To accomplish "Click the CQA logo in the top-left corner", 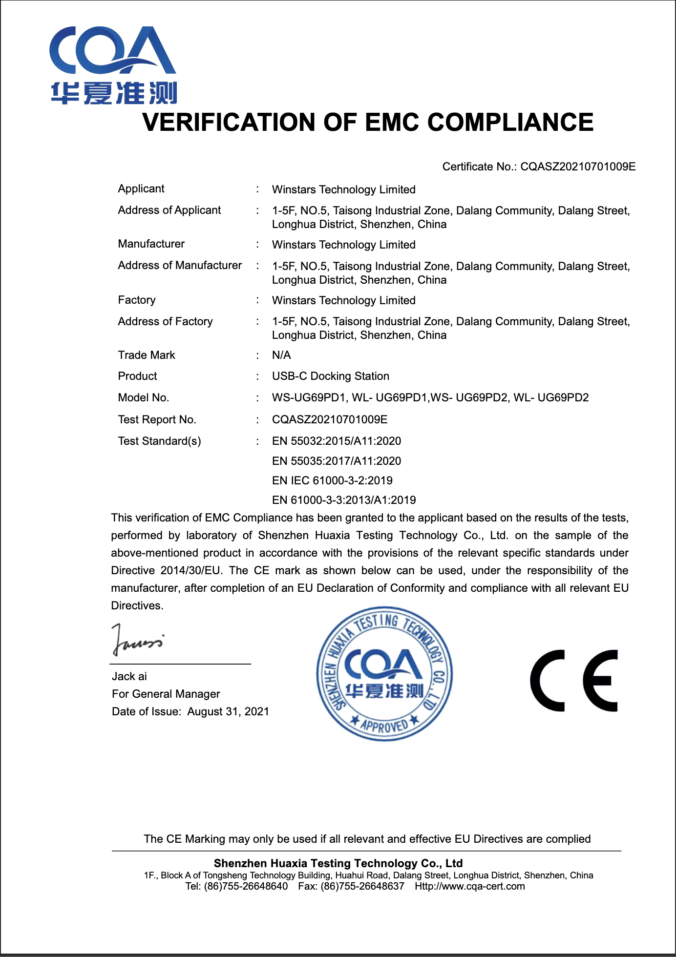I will pos(113,65).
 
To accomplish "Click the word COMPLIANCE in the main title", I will pos(510,122).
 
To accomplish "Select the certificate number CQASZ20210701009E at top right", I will pos(578,167).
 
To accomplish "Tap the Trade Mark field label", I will pos(147,355).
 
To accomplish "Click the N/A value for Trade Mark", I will pos(281,355).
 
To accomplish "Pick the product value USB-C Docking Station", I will pos(331,376).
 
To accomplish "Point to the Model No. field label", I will pos(144,398).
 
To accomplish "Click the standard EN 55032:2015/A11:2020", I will pos(337,441).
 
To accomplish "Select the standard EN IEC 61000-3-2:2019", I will pos(332,481).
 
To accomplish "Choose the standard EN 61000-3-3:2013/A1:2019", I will pos(344,500).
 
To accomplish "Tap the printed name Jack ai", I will pos(129,677).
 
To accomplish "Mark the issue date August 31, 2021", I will pos(228,712).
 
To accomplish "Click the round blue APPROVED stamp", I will pos(384,674).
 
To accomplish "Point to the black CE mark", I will pos(574,681).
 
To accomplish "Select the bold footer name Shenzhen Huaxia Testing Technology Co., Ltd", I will pos(338,863).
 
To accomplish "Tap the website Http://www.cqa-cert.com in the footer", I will pos(470,887).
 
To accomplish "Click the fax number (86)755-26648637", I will pos(362,887).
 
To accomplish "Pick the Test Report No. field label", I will pos(157,420).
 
